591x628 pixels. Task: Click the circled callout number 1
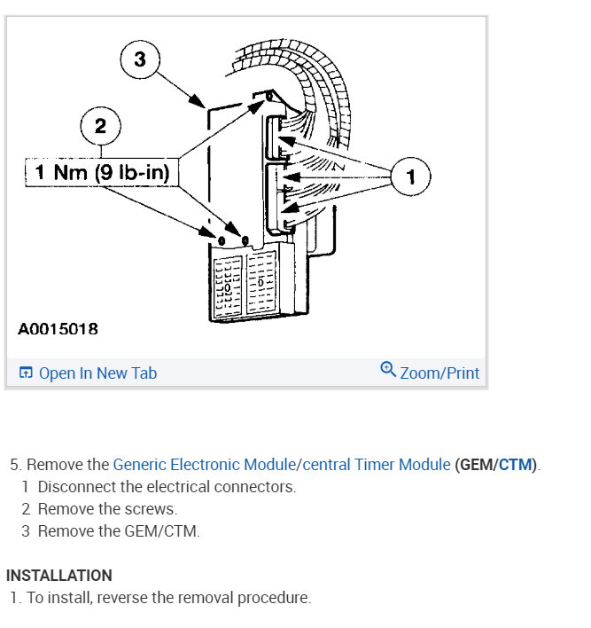[410, 177]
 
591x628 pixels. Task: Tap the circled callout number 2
[100, 126]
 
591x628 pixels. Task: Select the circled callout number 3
[140, 60]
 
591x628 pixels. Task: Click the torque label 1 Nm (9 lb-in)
[102, 172]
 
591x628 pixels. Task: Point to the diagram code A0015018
[58, 329]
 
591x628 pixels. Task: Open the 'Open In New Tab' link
[97, 373]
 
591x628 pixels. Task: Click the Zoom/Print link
[439, 373]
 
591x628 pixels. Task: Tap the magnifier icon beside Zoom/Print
[387, 370]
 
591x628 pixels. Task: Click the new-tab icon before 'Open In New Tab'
[26, 373]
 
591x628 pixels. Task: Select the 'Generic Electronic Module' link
[204, 465]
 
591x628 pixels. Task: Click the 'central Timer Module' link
[377, 465]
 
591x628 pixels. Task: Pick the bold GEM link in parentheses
[476, 465]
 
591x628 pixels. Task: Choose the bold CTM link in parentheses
[516, 465]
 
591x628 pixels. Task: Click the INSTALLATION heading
[59, 576]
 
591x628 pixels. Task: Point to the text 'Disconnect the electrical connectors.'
[167, 487]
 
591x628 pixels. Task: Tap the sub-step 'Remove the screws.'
[107, 509]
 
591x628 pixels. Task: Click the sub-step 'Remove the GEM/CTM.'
[119, 531]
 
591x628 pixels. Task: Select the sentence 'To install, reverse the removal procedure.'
[168, 598]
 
